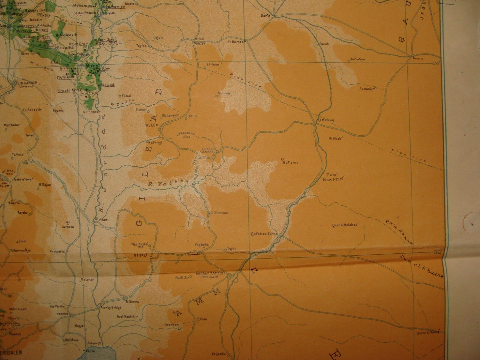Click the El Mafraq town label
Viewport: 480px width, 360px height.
[325, 120]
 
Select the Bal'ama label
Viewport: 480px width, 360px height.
[291, 162]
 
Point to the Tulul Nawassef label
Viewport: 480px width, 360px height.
[333, 177]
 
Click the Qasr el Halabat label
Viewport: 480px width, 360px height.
[344, 225]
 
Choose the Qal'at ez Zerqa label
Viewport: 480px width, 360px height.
[264, 233]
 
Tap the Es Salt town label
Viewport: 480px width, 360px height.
[140, 256]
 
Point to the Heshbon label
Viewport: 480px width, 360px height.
[172, 324]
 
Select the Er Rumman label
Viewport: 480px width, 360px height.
[219, 213]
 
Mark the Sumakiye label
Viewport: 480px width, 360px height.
[367, 89]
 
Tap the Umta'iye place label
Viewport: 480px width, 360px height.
[357, 59]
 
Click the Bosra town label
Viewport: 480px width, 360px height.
[418, 58]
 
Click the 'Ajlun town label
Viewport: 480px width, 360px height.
[151, 125]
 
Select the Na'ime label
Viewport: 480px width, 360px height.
[224, 93]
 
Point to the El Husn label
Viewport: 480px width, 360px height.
[213, 64]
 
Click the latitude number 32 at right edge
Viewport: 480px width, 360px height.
[438, 252]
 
